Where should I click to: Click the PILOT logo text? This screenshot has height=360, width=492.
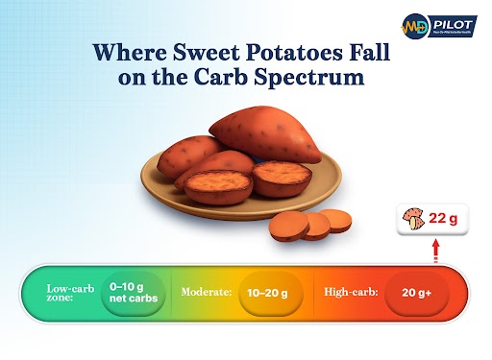coord(455,20)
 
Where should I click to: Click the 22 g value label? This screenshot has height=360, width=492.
coord(443,219)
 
